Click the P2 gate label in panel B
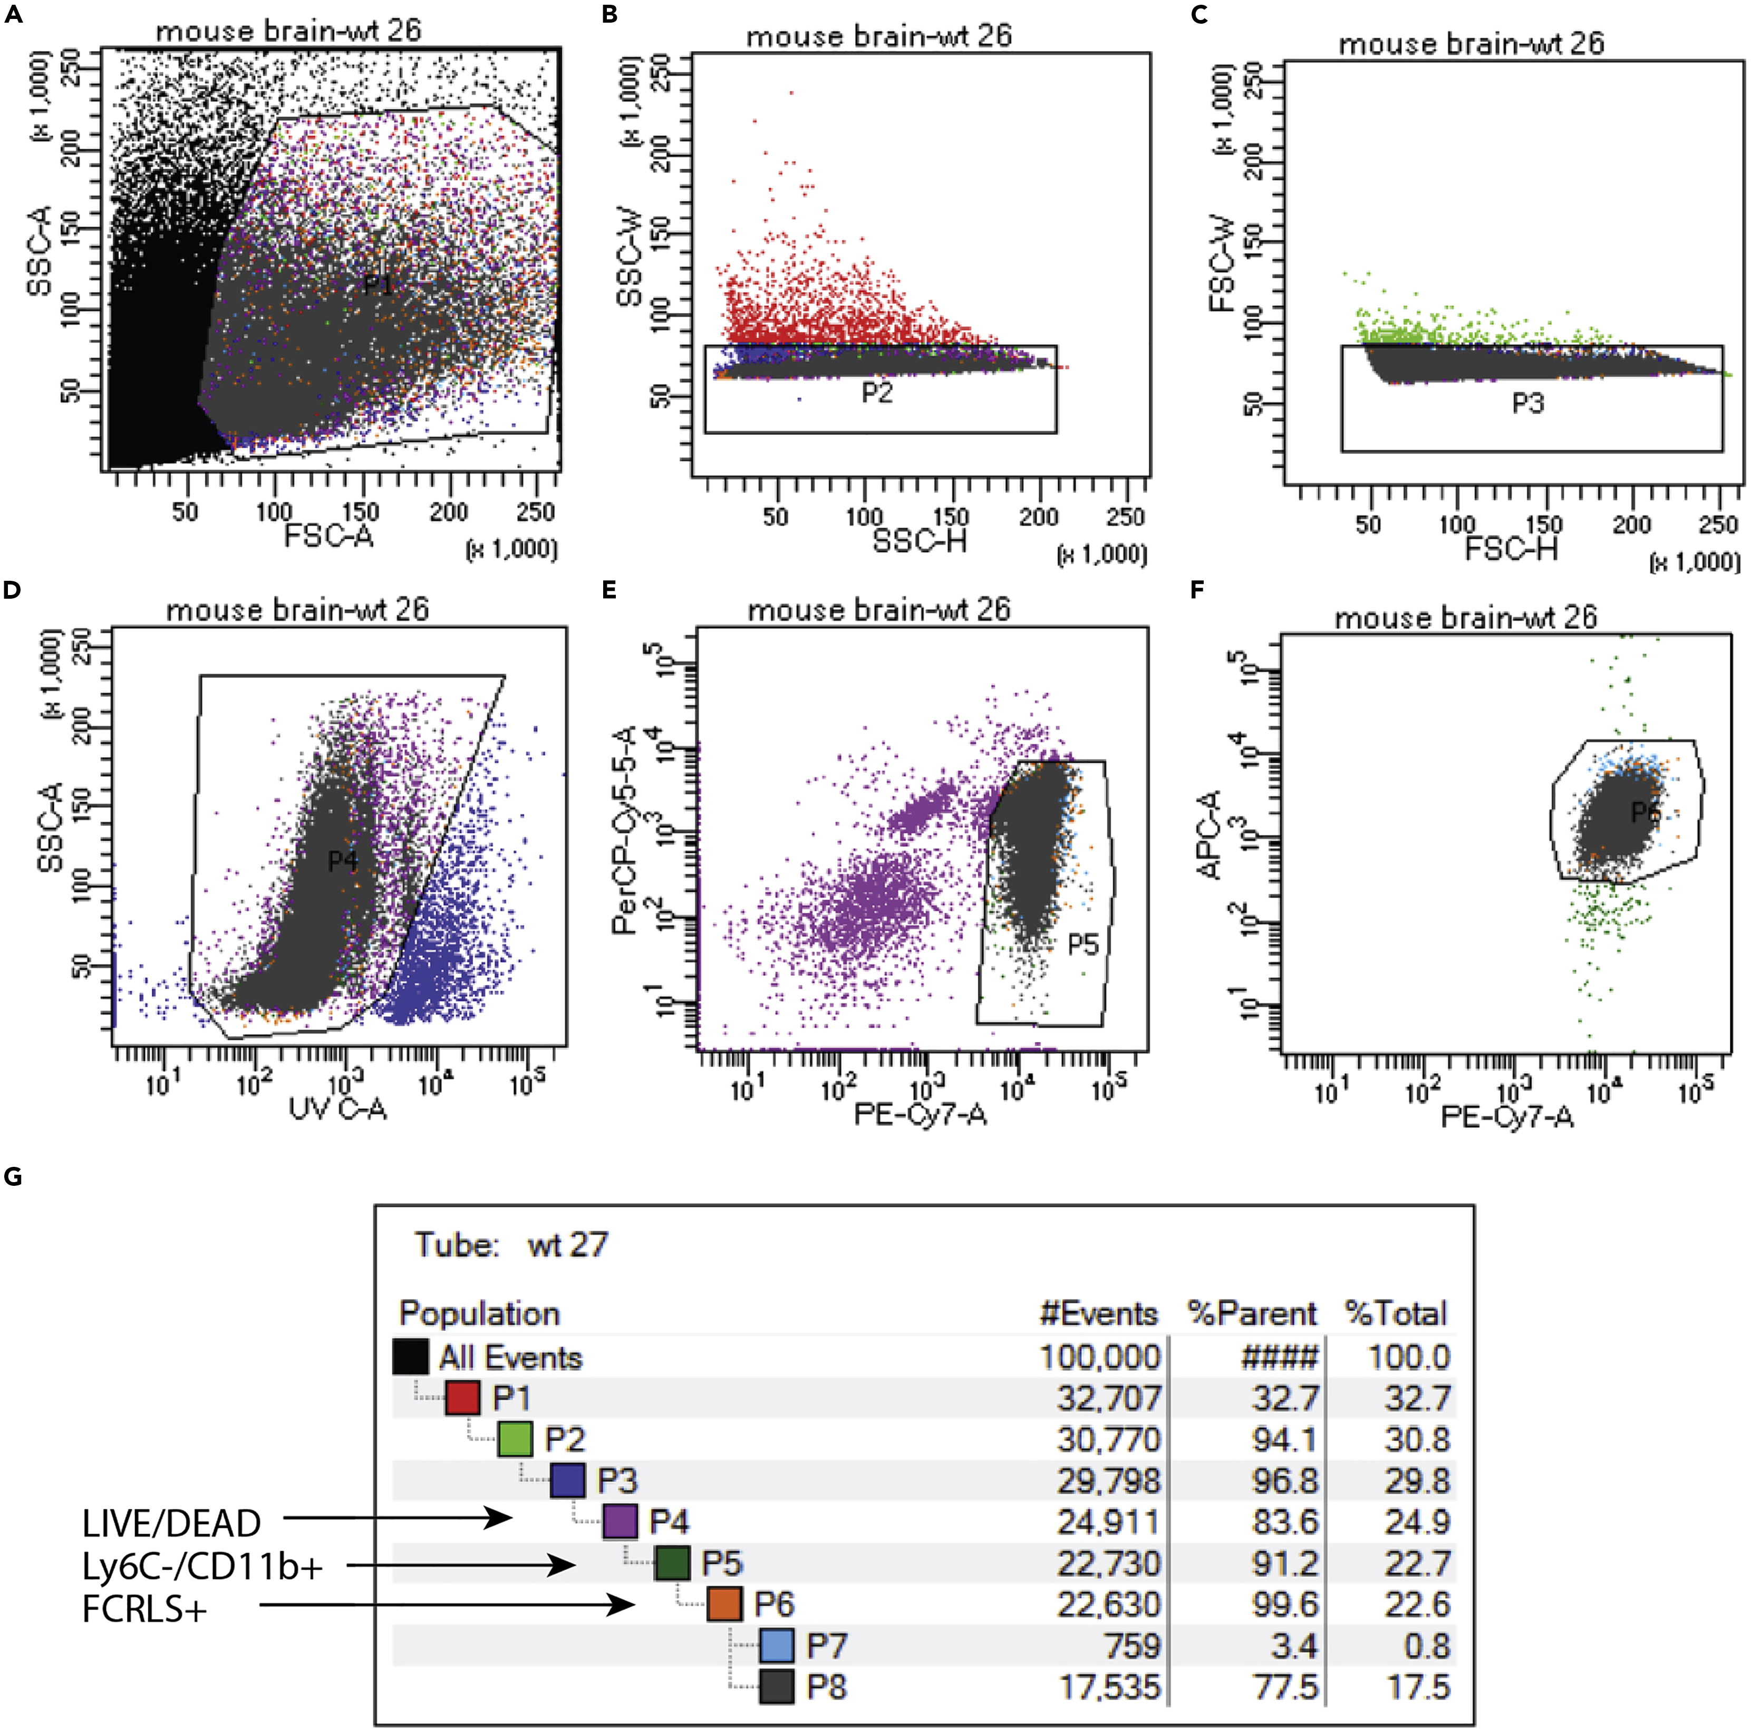click(x=876, y=392)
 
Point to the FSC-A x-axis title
click(x=328, y=537)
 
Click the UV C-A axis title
click(x=337, y=1108)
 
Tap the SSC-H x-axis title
click(x=919, y=541)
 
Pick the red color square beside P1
click(x=462, y=1398)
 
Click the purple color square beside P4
click(x=620, y=1521)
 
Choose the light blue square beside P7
click(x=777, y=1645)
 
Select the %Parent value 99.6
click(x=1284, y=1604)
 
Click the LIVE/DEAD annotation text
click(x=171, y=1524)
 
